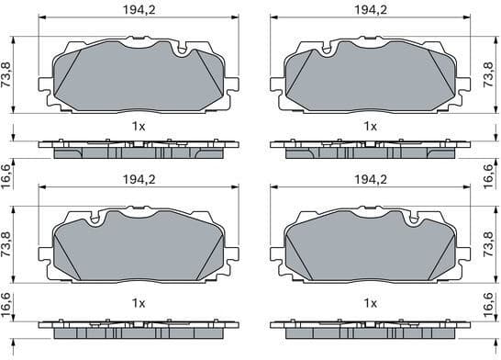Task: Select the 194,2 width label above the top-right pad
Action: tap(371, 10)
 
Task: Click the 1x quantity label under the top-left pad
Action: tap(138, 125)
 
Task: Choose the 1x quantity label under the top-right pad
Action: tap(371, 125)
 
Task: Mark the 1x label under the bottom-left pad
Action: tap(138, 302)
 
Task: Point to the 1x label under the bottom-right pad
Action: tap(371, 302)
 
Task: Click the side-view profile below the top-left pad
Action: tap(138, 147)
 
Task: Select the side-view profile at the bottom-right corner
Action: tap(371, 326)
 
